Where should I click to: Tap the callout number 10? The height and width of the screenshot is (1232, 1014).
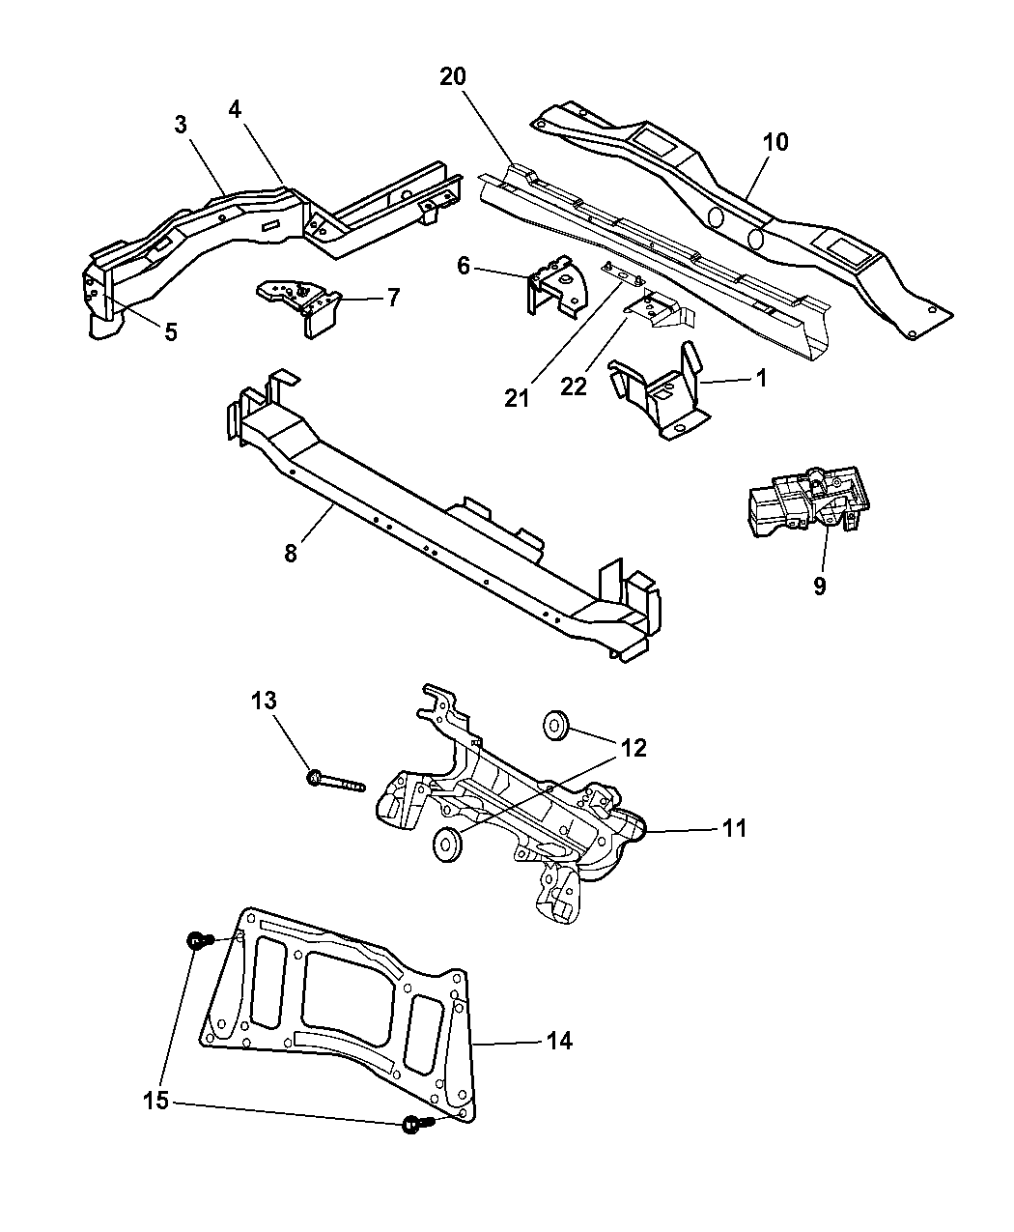tap(775, 142)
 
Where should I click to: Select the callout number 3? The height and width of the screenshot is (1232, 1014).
tap(181, 125)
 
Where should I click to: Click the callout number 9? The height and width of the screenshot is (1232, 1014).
tap(819, 586)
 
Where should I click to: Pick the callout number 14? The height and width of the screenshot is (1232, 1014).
tap(559, 1041)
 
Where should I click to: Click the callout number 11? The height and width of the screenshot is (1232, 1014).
tap(733, 828)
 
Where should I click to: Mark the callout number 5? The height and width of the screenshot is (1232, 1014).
tap(170, 332)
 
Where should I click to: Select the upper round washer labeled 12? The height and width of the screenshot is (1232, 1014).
tap(555, 725)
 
